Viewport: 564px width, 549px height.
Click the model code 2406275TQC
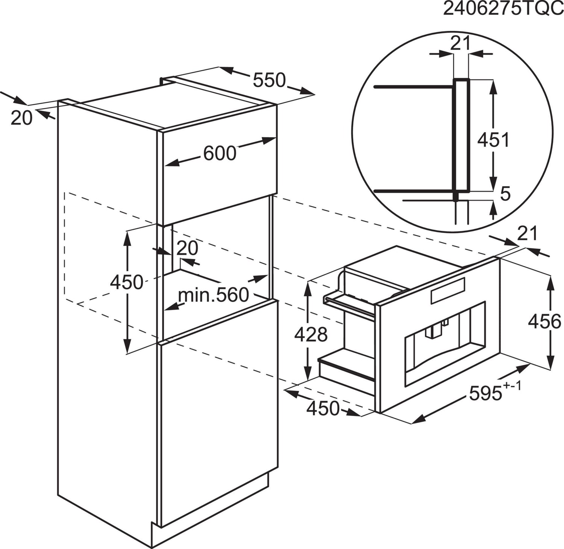[x=503, y=9]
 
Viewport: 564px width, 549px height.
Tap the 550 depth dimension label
[x=269, y=80]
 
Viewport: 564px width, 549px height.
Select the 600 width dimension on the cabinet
[x=220, y=153]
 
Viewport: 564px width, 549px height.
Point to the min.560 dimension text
[x=213, y=295]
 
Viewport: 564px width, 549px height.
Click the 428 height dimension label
[x=311, y=334]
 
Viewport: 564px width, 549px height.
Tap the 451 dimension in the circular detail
[x=493, y=140]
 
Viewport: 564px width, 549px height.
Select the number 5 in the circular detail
[x=506, y=194]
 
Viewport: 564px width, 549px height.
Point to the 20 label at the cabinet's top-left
[x=21, y=118]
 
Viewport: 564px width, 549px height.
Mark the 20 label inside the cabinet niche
[x=187, y=248]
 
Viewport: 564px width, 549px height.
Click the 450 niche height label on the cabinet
[x=126, y=282]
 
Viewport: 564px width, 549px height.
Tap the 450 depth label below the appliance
[x=323, y=408]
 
